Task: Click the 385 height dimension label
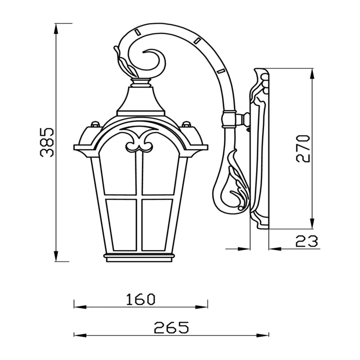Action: (47, 142)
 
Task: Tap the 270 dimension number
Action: (303, 148)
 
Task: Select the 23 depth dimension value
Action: (306, 241)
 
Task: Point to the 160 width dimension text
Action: (141, 299)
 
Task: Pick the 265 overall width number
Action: (171, 327)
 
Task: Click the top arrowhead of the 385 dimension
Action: (56, 29)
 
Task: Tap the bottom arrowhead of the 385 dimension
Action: (56, 256)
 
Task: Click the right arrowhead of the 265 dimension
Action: (263, 335)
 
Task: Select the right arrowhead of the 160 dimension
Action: (202, 307)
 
